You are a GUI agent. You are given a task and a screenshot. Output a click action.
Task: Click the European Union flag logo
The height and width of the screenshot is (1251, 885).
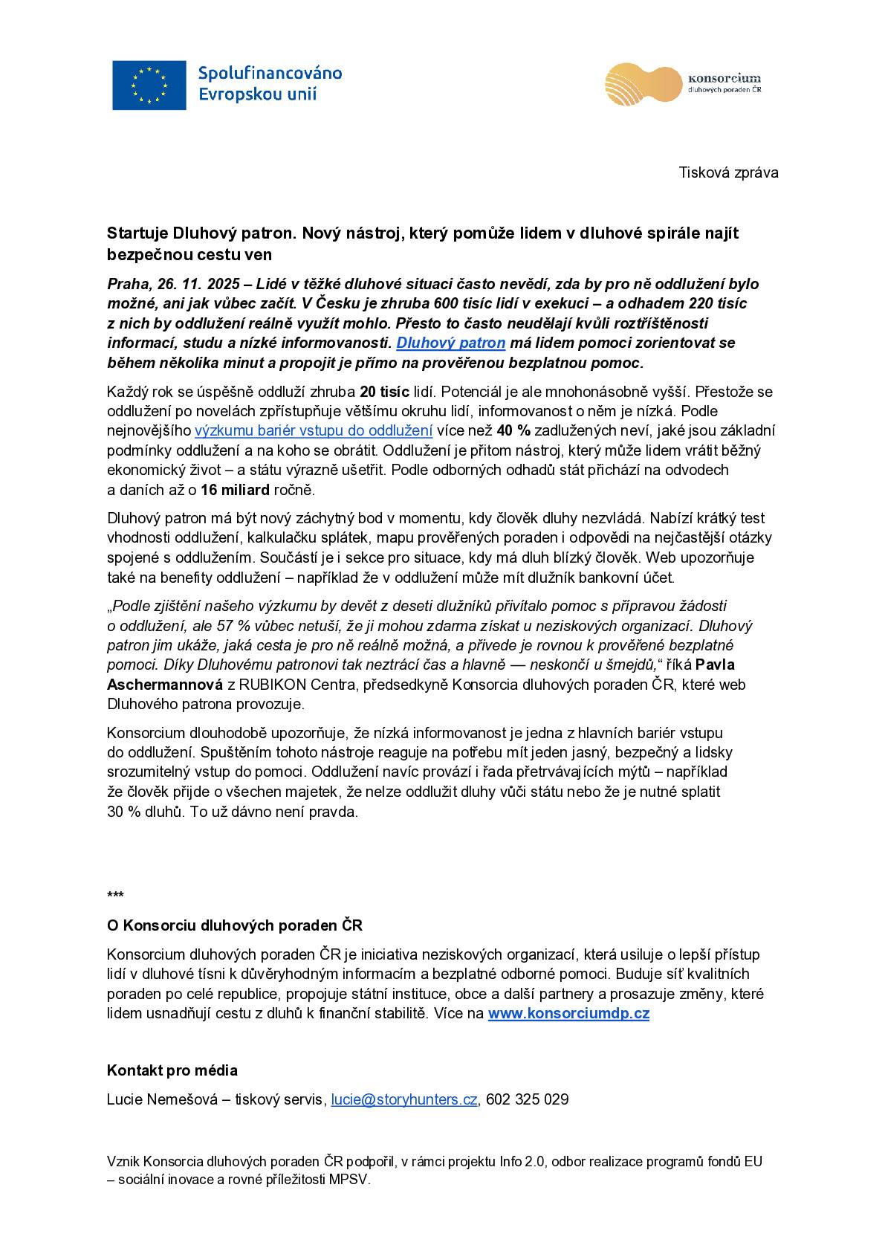[x=149, y=85]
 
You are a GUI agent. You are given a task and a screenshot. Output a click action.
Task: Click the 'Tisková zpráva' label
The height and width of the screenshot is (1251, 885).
[x=728, y=173]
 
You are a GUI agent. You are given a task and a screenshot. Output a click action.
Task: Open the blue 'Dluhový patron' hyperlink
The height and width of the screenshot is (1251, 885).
[x=451, y=343]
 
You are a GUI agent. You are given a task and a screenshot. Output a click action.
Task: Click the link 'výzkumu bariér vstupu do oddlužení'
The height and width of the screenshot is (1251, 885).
[x=314, y=430]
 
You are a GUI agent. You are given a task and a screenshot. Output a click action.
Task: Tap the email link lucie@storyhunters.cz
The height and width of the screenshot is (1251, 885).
[x=404, y=1099]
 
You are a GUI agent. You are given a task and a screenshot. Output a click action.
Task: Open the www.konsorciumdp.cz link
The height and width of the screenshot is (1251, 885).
[x=568, y=1013]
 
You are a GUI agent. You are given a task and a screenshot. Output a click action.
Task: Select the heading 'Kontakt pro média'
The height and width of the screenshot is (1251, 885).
[x=172, y=1070]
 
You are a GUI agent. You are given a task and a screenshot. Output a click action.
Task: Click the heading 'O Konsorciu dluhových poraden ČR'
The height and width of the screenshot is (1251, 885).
[x=235, y=925]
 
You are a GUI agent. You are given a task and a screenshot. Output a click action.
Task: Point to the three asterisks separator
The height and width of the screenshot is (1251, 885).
[x=115, y=895]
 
